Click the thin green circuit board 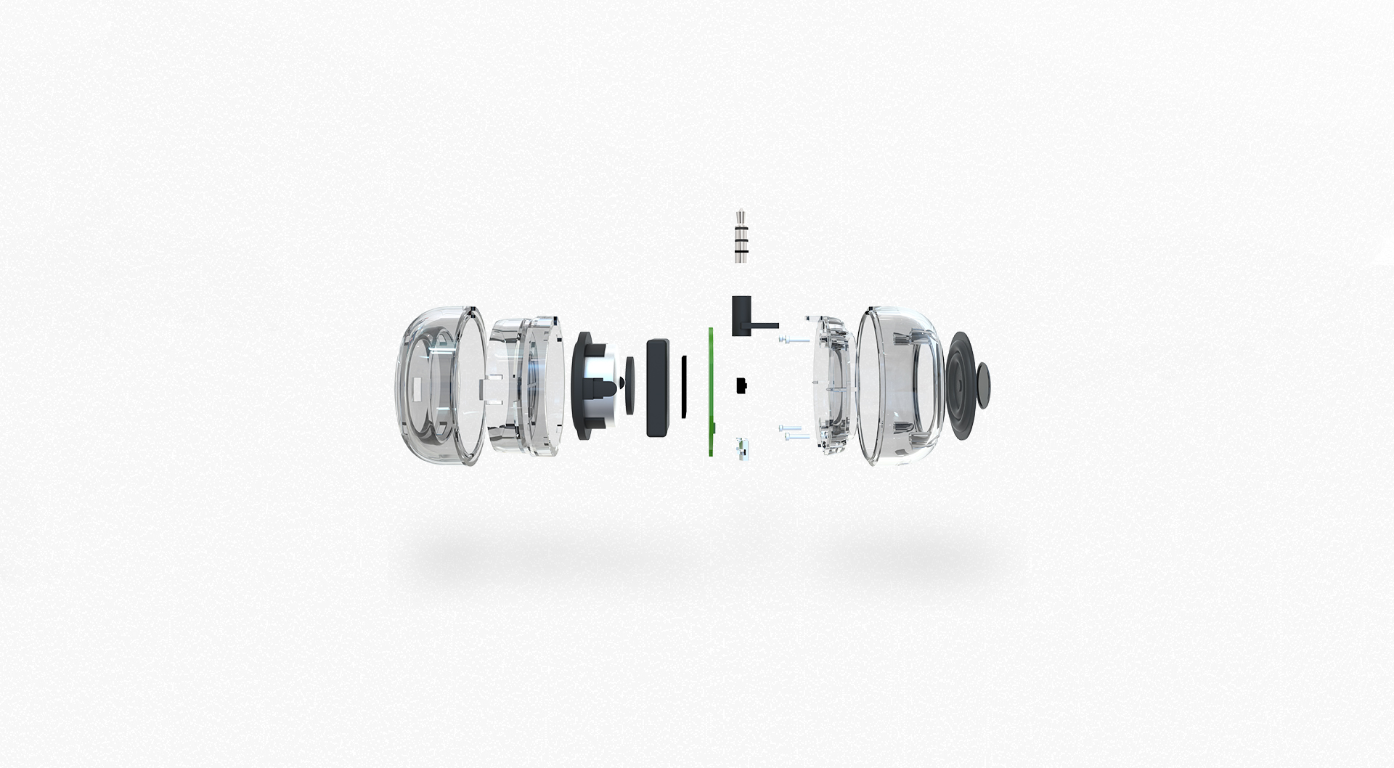click(x=712, y=392)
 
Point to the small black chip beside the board click(x=742, y=385)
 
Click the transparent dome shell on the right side click(x=900, y=385)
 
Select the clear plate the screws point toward click(x=831, y=385)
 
